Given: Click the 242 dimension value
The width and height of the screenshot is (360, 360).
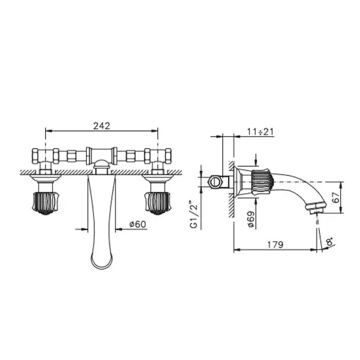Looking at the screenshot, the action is (x=101, y=126).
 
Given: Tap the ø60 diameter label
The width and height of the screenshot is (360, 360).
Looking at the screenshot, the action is (x=137, y=224).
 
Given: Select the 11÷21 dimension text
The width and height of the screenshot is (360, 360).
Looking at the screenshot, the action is (x=260, y=132).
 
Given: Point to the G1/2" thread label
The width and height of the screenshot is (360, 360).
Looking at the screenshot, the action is (x=194, y=214).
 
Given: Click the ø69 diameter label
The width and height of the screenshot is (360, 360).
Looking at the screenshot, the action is (x=251, y=219).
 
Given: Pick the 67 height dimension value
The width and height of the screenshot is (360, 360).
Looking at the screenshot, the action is (x=336, y=197).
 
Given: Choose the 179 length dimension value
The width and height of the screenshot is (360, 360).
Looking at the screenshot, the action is (x=275, y=244).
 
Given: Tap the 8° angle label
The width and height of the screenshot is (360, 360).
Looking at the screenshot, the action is (x=330, y=242).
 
